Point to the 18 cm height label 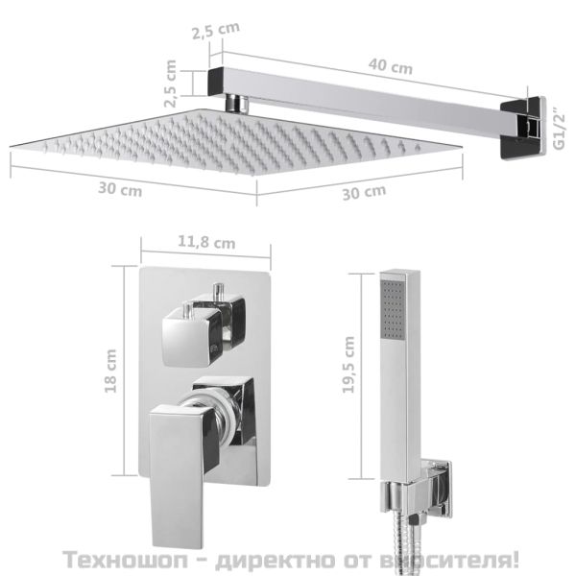coord(111,371)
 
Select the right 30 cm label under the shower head coord(364,192)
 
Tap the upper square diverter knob coord(197,331)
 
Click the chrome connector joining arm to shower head coord(234,102)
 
